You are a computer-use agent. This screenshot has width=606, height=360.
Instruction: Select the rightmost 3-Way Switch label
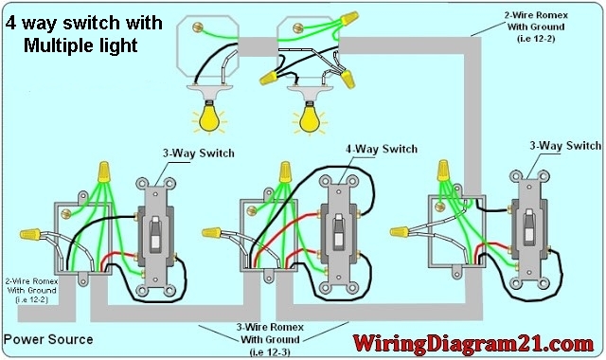click(x=565, y=146)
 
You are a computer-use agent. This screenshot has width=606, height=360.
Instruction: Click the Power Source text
click(x=48, y=338)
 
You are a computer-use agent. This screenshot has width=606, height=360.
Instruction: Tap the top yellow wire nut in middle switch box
click(x=283, y=171)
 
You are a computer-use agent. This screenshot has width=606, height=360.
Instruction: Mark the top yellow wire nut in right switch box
click(x=441, y=170)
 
